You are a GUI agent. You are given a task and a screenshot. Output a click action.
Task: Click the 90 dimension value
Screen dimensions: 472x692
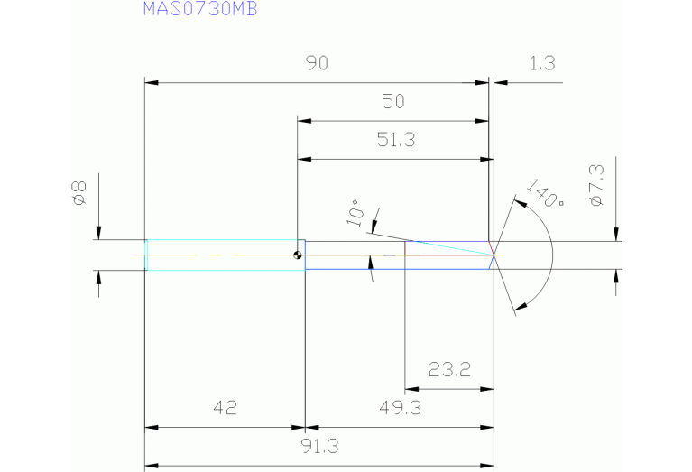click(316, 63)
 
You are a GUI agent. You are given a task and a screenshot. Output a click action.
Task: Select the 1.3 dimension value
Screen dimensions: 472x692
click(542, 63)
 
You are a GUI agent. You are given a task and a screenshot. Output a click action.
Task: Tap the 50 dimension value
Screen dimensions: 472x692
click(393, 102)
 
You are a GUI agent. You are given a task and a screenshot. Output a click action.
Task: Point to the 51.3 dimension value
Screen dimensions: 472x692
click(393, 140)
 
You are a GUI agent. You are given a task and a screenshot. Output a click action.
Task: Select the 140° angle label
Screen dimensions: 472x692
click(544, 195)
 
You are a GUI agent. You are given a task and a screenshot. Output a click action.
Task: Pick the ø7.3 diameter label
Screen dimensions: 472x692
click(595, 185)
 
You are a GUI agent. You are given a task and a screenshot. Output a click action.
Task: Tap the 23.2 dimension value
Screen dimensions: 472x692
click(448, 370)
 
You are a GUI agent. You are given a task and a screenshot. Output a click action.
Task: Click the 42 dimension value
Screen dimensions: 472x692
click(225, 409)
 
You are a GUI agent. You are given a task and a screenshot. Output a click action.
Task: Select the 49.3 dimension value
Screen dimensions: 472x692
click(400, 409)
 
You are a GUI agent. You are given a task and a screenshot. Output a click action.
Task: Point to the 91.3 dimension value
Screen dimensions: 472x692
click(316, 446)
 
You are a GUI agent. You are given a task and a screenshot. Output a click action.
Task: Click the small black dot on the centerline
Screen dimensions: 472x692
click(297, 255)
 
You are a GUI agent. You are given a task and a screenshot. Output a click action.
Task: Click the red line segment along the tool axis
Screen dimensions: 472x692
click(447, 255)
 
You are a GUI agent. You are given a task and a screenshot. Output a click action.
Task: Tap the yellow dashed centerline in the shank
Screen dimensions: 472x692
click(180, 255)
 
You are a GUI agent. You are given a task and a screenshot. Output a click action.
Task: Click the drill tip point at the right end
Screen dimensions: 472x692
click(494, 255)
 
